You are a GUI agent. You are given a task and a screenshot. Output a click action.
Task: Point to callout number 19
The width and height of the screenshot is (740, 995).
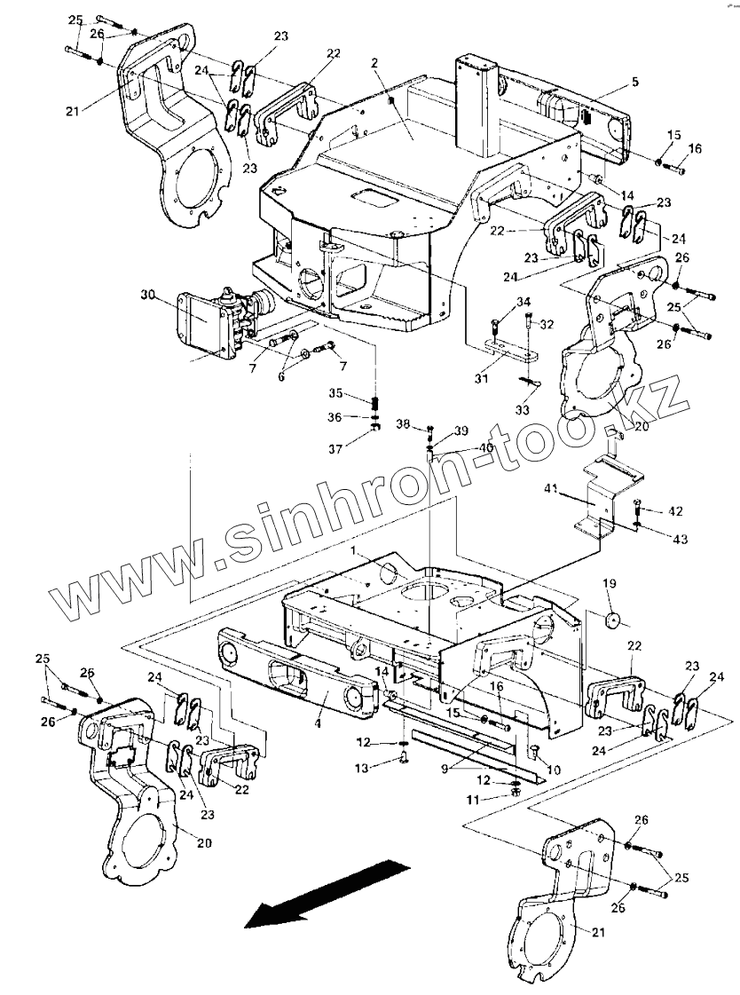[x=610, y=583]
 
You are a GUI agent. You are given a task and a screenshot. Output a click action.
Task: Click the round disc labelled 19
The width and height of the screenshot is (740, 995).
[x=610, y=618]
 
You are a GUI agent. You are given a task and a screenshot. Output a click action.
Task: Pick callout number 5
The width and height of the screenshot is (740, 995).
[x=635, y=82]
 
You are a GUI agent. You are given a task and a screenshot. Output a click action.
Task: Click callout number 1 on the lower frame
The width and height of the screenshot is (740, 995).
[x=352, y=551]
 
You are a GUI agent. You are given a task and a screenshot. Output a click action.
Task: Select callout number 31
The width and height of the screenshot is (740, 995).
[x=481, y=378]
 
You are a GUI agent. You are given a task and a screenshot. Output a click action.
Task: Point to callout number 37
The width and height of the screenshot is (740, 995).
[x=336, y=449]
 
